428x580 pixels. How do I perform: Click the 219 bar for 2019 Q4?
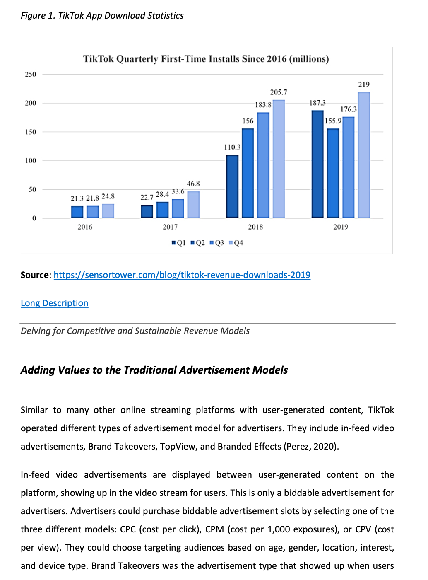click(364, 155)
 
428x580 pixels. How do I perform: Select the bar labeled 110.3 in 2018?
click(232, 186)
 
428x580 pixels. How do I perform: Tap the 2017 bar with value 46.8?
click(193, 205)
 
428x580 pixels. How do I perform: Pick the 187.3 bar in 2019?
click(317, 164)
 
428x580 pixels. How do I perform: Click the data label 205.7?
click(279, 92)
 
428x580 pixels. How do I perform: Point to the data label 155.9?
click(333, 121)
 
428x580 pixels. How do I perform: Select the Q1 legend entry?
click(179, 243)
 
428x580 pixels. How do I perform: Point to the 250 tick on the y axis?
click(31, 75)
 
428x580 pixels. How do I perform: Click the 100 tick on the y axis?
click(31, 161)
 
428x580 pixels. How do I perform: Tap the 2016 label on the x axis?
click(85, 227)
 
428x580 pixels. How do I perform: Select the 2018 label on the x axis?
click(255, 227)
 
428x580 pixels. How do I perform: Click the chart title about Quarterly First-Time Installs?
click(206, 59)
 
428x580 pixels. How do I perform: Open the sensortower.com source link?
click(182, 275)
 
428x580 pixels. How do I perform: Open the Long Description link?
click(54, 303)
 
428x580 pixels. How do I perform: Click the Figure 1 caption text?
click(102, 16)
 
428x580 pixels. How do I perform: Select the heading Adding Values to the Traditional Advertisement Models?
click(154, 370)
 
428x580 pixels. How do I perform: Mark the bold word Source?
click(35, 275)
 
